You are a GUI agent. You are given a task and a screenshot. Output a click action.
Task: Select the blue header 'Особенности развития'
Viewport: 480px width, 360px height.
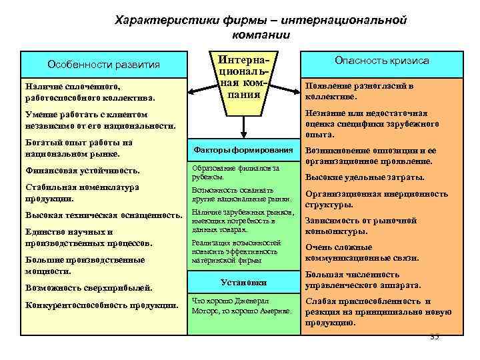[103, 65]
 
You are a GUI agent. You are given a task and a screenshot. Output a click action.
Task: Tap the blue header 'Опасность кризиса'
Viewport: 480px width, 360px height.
[381, 61]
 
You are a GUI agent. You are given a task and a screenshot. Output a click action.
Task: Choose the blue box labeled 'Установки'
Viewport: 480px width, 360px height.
[242, 281]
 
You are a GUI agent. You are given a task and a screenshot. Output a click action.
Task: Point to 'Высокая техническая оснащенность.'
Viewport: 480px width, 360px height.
[103, 215]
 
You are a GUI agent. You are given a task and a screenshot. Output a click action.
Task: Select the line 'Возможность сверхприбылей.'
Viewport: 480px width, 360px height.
[89, 288]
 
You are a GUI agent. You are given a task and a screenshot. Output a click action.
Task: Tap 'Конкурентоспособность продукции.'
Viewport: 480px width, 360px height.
[101, 305]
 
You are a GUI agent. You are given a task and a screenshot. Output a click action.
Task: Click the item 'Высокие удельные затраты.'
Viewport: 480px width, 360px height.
[364, 177]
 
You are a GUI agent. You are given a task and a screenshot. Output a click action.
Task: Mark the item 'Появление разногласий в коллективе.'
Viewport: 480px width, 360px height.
[359, 91]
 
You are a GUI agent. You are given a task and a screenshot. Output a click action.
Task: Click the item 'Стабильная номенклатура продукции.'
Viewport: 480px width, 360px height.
[82, 193]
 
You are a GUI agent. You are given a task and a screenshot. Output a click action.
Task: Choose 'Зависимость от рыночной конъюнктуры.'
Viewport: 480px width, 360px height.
[361, 226]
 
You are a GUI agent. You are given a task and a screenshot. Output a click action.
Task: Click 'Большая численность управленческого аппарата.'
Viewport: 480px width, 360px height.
[362, 279]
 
